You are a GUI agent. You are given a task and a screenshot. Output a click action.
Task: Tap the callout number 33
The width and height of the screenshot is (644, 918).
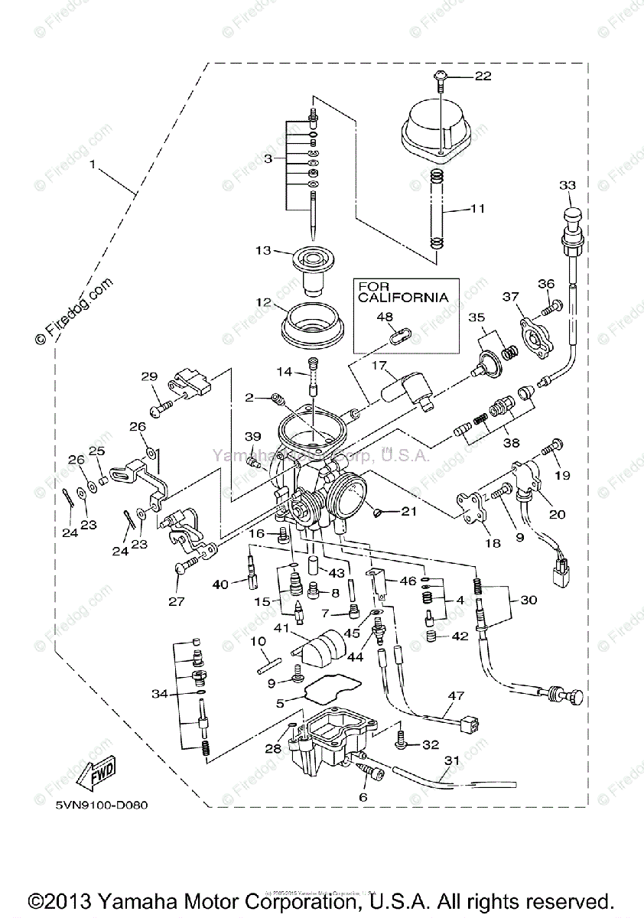[567, 186]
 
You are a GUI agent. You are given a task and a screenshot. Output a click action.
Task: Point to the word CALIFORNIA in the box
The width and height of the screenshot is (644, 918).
[402, 298]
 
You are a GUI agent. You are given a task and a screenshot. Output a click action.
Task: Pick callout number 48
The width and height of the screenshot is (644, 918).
[385, 316]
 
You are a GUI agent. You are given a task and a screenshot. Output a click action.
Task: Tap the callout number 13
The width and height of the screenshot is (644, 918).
[264, 251]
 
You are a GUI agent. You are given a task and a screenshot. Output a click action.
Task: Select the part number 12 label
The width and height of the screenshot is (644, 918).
[264, 303]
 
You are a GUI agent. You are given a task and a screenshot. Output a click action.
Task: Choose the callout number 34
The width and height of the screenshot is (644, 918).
[159, 694]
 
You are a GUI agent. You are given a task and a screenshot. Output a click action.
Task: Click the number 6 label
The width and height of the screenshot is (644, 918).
[363, 797]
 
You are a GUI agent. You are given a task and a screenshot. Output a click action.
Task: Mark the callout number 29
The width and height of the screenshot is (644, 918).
[149, 376]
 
